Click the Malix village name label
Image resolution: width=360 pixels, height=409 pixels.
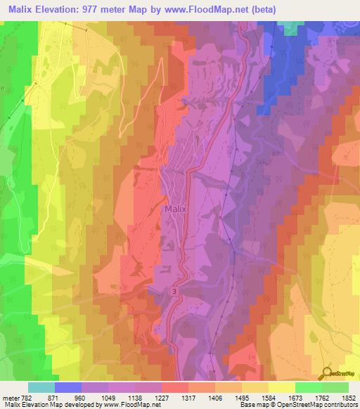(175, 209)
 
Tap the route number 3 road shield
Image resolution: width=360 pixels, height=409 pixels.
(172, 290)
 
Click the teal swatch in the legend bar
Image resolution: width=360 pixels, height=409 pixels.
(41, 387)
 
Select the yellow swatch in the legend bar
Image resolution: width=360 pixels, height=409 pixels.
(282, 387)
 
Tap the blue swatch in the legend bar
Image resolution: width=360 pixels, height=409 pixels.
(68, 387)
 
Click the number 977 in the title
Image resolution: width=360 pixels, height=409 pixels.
(96, 9)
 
